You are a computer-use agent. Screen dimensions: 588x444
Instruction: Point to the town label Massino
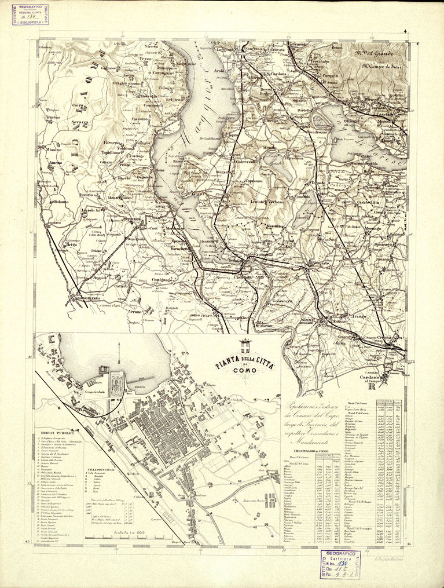140,119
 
